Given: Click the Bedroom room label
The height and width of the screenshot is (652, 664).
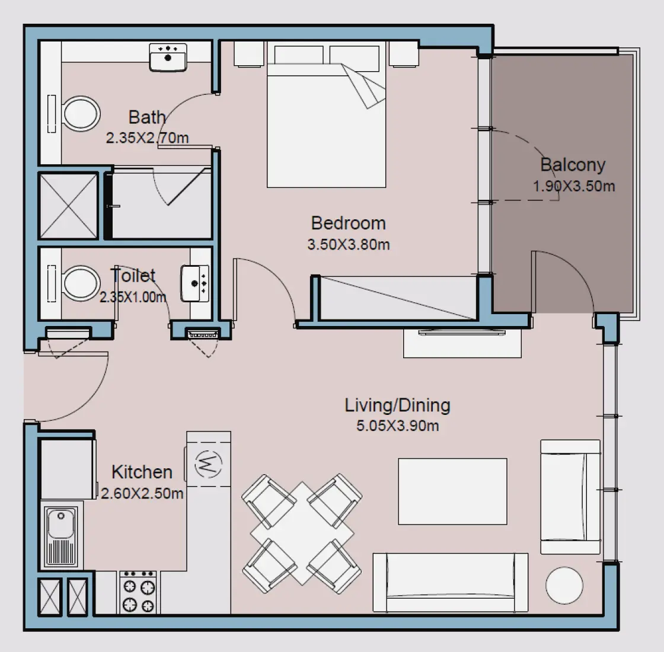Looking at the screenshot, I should [x=348, y=223].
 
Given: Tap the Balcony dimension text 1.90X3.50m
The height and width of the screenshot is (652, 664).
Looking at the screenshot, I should [x=573, y=186].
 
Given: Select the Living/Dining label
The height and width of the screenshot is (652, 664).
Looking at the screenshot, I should [x=397, y=405].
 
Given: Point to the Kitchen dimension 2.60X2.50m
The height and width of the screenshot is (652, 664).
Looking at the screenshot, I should [x=142, y=493].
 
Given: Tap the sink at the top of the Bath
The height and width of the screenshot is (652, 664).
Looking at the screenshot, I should [x=168, y=57].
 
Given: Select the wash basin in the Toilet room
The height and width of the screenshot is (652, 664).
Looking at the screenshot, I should [x=195, y=283].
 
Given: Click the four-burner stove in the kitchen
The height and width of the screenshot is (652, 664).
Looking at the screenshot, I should [x=139, y=592].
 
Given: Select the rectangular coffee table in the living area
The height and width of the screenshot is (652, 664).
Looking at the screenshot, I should [x=452, y=491].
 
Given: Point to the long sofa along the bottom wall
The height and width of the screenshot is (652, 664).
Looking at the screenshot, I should [x=450, y=583].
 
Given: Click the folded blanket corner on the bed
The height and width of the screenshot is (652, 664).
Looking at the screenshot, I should [x=365, y=87].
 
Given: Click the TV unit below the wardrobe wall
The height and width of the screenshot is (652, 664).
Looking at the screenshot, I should [x=462, y=342].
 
